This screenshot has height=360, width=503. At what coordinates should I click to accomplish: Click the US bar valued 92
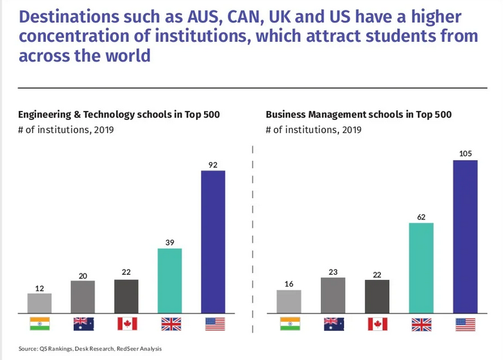point(213,241)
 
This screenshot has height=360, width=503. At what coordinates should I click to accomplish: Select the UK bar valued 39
point(170,281)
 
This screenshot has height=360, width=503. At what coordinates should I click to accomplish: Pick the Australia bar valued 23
point(333,295)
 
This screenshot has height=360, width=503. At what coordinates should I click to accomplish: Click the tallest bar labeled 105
point(465,236)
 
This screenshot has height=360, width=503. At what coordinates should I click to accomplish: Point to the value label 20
point(83,275)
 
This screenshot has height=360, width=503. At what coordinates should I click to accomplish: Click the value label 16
point(289,283)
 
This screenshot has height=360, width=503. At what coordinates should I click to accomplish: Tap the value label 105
point(465,153)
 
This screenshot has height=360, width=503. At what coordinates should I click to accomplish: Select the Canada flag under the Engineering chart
point(127,323)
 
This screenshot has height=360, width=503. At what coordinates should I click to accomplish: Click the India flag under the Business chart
point(289,323)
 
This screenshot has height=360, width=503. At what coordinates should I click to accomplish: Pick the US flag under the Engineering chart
point(213,323)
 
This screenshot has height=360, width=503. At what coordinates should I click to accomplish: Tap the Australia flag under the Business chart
point(333,323)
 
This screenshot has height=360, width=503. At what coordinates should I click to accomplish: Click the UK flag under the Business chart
point(420,323)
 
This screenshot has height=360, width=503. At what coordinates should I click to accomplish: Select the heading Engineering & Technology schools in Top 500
point(119,115)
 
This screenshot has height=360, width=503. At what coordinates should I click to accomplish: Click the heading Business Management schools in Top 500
point(358,115)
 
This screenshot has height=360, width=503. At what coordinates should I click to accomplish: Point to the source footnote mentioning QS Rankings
point(90,349)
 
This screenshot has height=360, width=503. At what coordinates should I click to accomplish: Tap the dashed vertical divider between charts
point(252,232)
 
